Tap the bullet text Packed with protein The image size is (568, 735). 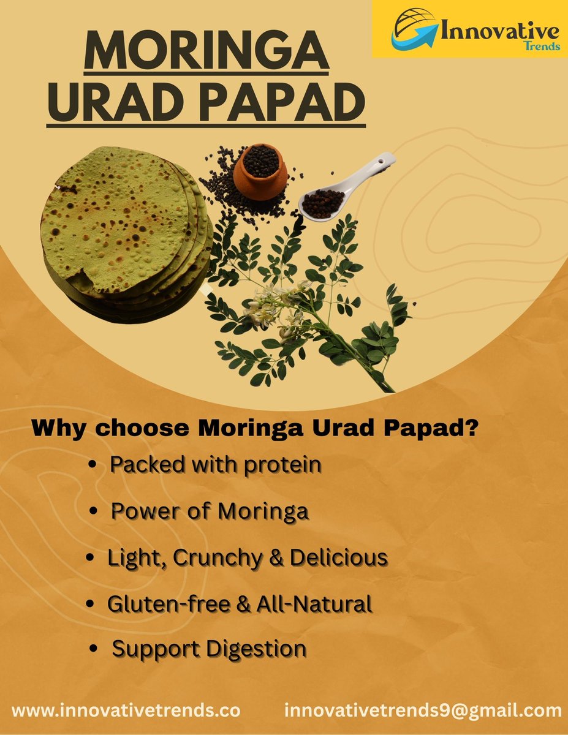(x=215, y=465)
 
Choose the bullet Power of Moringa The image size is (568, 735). (x=209, y=511)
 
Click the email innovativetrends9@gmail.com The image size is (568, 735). (x=423, y=711)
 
